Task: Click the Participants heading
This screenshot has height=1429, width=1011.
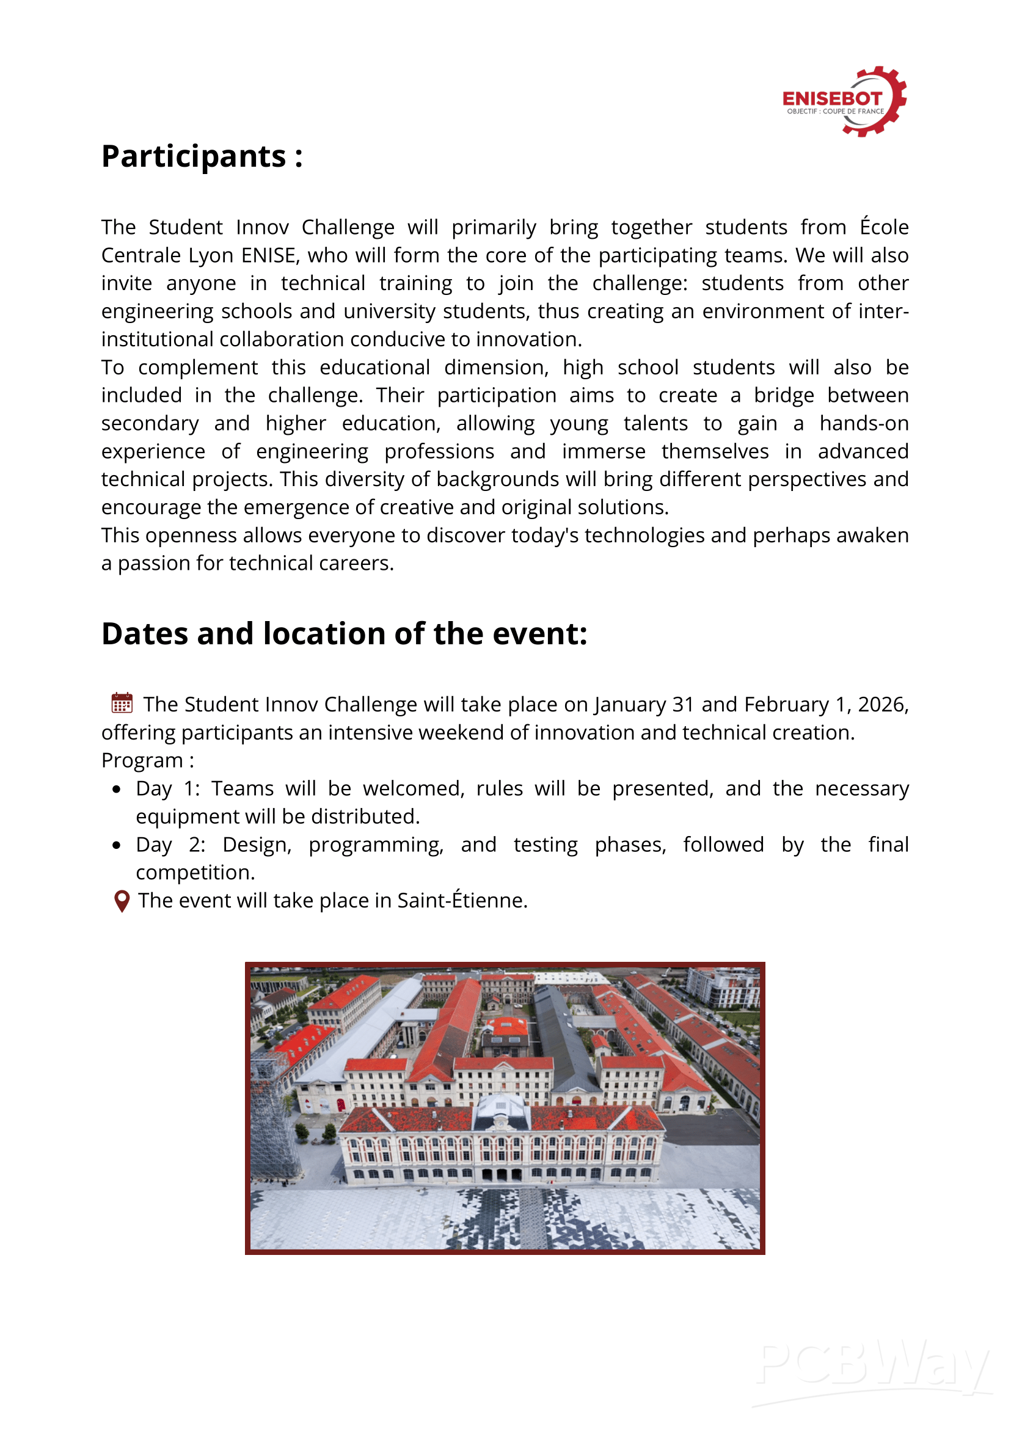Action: pyautogui.click(x=202, y=156)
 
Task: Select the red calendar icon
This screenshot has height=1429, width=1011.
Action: pyautogui.click(x=122, y=703)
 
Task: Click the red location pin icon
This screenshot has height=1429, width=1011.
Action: pyautogui.click(x=122, y=901)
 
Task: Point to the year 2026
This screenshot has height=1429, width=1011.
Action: pyautogui.click(x=881, y=704)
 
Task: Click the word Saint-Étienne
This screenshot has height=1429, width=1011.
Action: pyautogui.click(x=462, y=900)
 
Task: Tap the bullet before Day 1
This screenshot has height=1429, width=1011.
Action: pyautogui.click(x=117, y=789)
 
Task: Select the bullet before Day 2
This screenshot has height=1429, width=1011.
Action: pyautogui.click(x=117, y=845)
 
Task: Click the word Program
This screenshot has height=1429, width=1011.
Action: pyautogui.click(x=142, y=760)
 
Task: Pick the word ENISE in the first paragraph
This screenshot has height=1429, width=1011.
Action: pyautogui.click(x=268, y=255)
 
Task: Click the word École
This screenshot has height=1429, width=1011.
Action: pyautogui.click(x=884, y=227)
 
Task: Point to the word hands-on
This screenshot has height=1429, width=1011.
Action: pyautogui.click(x=863, y=423)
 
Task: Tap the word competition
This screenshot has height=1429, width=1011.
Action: pyautogui.click(x=195, y=873)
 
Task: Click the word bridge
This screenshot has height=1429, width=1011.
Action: pyautogui.click(x=784, y=395)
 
